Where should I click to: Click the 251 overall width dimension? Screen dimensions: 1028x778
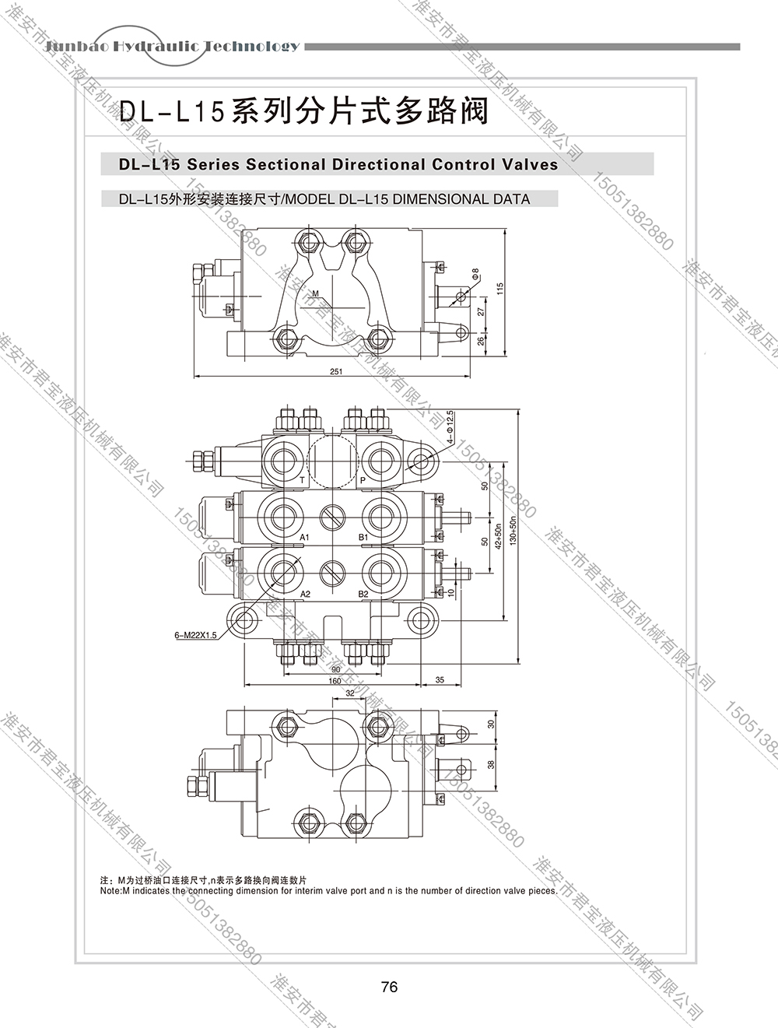(x=335, y=372)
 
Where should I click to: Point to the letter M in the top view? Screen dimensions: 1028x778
(x=316, y=293)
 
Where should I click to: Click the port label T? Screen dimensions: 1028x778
(x=302, y=480)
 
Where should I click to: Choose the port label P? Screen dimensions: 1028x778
(x=363, y=480)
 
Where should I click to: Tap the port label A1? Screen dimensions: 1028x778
(x=305, y=538)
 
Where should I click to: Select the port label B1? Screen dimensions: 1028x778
(x=363, y=538)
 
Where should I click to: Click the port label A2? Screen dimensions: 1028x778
(x=305, y=594)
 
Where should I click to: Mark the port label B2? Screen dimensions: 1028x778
(x=363, y=594)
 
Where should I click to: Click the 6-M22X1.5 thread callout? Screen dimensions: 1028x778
(x=195, y=636)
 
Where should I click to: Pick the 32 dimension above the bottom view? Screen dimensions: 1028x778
(x=349, y=693)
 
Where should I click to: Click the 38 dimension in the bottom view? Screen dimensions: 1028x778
(x=490, y=764)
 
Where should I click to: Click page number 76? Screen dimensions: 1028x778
(x=390, y=988)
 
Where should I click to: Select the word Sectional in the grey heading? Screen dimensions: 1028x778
(x=286, y=164)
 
